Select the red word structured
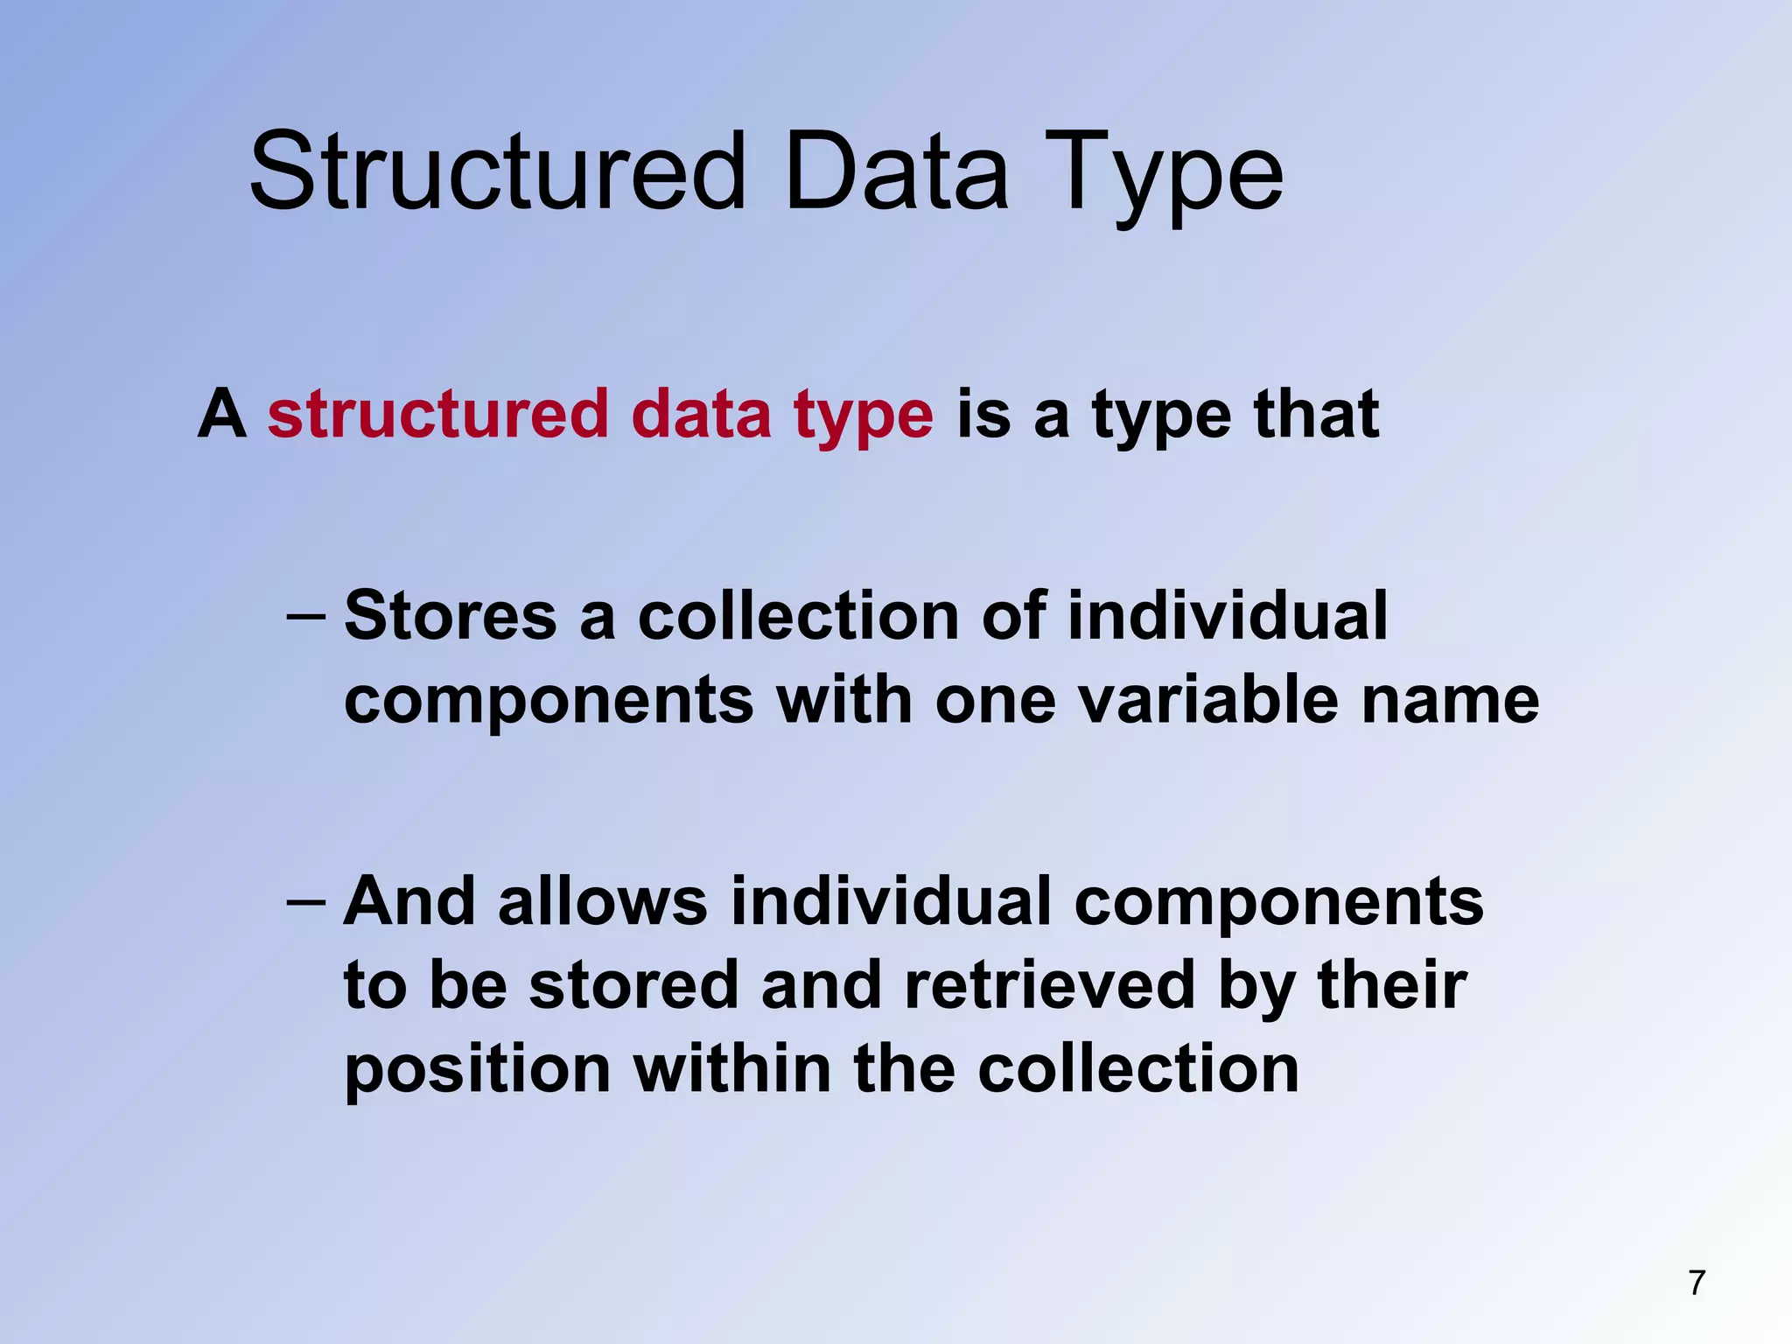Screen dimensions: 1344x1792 point(437,414)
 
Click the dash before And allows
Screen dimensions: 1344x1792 point(306,901)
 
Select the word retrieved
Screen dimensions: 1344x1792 point(1049,985)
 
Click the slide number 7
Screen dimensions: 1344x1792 point(1697,1283)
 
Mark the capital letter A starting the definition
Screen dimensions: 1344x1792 point(221,414)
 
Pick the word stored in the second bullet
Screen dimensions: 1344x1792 point(633,985)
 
